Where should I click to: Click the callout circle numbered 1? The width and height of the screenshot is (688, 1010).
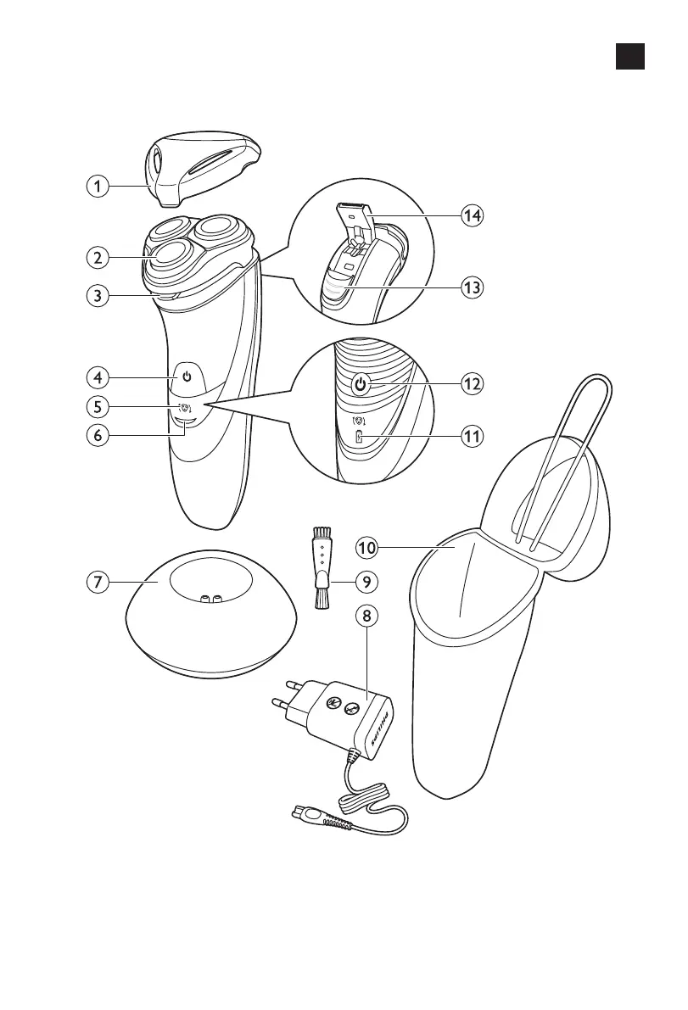point(101,186)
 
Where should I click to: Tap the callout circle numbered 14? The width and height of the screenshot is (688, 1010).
point(473,215)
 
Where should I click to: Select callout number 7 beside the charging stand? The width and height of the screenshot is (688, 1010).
point(101,583)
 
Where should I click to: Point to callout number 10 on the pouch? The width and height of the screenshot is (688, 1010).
point(366,549)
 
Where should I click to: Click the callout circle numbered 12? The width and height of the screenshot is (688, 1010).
point(473,383)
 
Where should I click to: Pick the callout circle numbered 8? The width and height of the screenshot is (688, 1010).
point(366,617)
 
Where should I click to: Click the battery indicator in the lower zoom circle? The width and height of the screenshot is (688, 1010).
point(358,438)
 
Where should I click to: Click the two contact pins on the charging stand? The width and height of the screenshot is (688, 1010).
point(210,599)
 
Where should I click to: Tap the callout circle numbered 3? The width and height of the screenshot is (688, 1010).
point(101,297)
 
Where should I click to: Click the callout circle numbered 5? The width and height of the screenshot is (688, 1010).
point(101,406)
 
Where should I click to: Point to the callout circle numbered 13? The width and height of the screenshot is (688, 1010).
point(473,287)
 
